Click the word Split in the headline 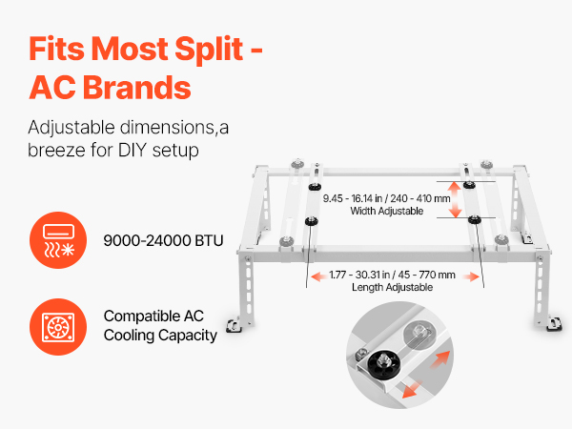[x=209, y=49]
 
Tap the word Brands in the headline [x=137, y=88]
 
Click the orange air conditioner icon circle [x=58, y=240]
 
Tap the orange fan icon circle [x=58, y=327]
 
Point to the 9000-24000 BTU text [x=163, y=241]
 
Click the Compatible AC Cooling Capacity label [x=160, y=326]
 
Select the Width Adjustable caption [x=387, y=211]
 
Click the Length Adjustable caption [x=392, y=287]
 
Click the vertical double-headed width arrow [x=455, y=200]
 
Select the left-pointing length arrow [x=318, y=276]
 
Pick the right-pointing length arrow [x=471, y=276]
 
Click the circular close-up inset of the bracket [x=399, y=355]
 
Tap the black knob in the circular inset [x=384, y=362]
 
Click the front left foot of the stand [x=234, y=325]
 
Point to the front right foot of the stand [x=554, y=324]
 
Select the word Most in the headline [x=130, y=49]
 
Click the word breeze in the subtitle [x=56, y=150]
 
